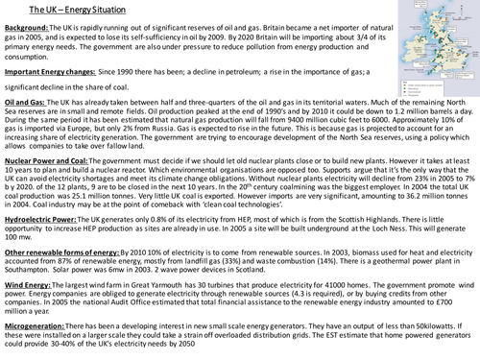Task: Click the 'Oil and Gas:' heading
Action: coord(28,128)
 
